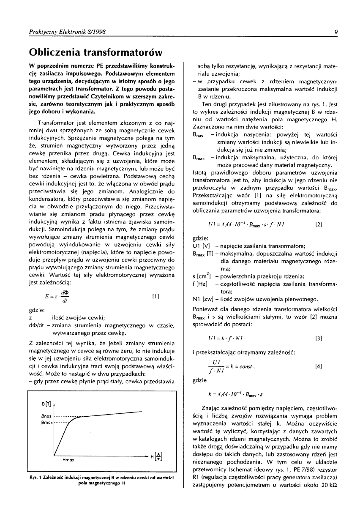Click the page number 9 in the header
coord(335,31)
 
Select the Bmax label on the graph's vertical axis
coord(46,423)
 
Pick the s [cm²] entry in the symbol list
coord(202,277)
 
